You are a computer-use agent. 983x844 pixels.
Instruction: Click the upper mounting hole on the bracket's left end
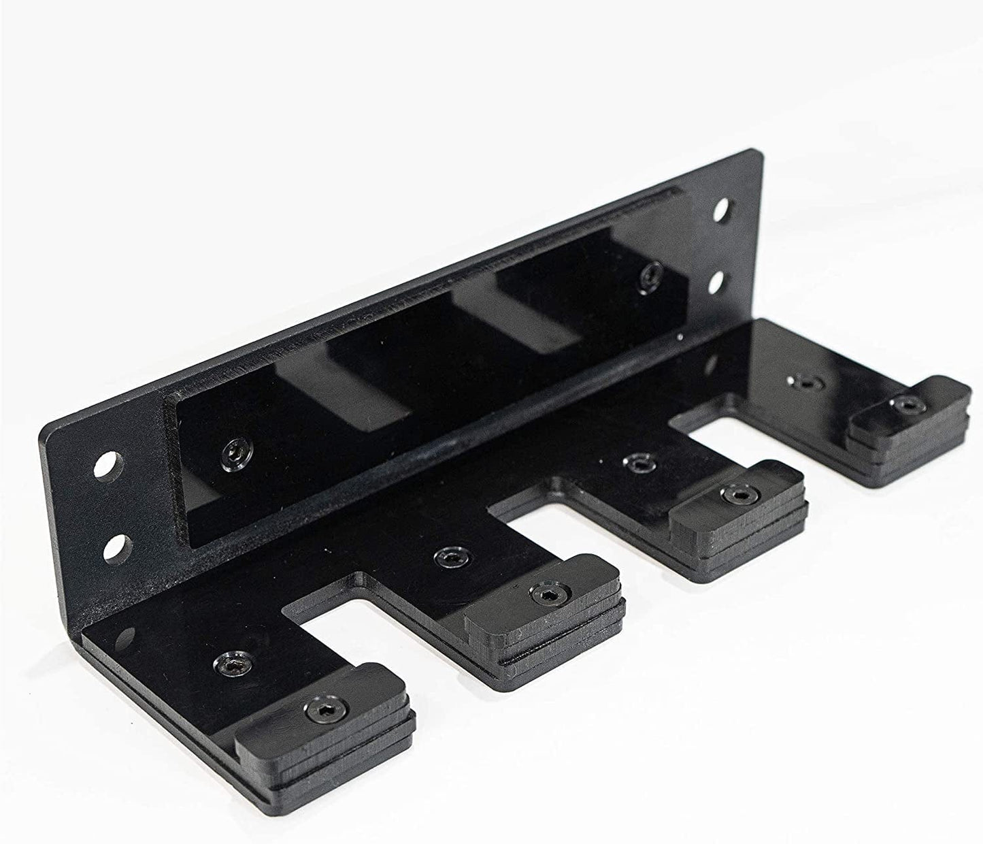click(x=110, y=468)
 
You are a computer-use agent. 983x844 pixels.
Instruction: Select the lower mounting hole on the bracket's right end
click(x=719, y=281)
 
